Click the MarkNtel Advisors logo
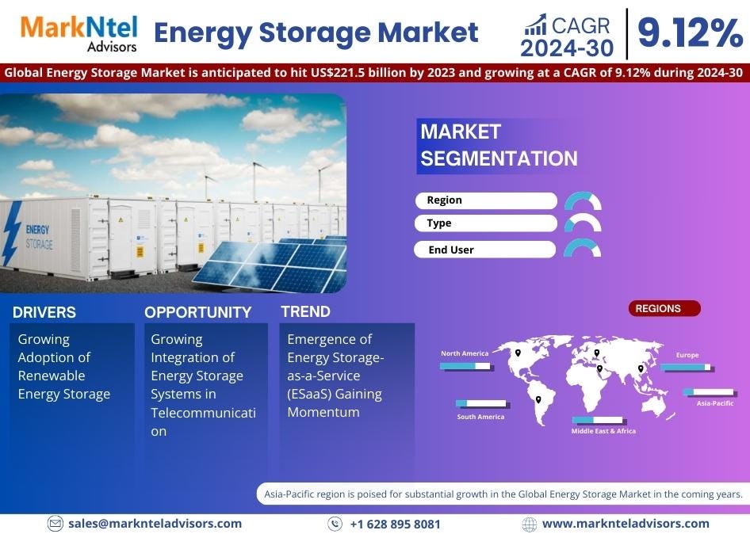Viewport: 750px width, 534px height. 78,32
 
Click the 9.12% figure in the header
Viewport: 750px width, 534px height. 690,33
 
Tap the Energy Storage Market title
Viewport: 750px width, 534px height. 316,33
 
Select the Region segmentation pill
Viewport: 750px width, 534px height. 485,200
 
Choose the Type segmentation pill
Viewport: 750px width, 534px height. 485,223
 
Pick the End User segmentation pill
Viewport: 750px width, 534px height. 484,250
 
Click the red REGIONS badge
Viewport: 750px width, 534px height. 665,309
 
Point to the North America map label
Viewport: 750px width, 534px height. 465,353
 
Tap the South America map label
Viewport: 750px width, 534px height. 480,417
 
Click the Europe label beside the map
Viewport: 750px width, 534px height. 687,355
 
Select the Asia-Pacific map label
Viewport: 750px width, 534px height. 715,403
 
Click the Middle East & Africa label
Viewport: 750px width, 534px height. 603,431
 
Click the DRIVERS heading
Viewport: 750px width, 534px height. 44,312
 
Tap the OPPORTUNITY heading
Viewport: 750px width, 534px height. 197,312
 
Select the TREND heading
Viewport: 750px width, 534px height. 305,311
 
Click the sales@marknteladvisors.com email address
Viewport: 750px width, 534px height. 155,523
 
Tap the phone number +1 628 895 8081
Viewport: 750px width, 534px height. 395,524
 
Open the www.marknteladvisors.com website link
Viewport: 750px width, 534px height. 626,523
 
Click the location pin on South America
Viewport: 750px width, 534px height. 538,399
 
